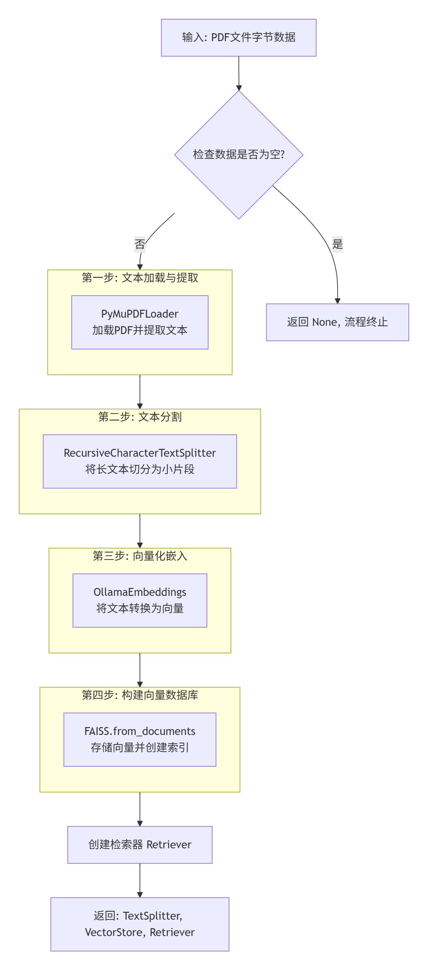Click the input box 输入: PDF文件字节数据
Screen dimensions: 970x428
tap(239, 38)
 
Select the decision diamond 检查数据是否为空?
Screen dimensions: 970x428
tap(239, 155)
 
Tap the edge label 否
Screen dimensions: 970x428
tap(139, 244)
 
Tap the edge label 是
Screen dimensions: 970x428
tap(337, 244)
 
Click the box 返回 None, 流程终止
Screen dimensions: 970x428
tap(337, 322)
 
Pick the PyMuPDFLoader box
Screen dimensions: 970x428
tap(139, 322)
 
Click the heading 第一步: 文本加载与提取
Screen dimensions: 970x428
tap(139, 278)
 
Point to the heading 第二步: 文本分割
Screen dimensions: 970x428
tap(139, 416)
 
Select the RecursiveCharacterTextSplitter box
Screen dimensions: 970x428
tap(139, 461)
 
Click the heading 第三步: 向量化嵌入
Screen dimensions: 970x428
tap(139, 555)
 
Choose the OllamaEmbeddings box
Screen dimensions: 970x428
tap(139, 600)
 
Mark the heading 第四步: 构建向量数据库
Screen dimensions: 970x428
tap(139, 695)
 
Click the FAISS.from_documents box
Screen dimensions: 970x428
tap(139, 739)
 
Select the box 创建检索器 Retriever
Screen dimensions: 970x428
tap(139, 844)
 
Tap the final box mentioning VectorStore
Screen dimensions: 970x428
tap(139, 924)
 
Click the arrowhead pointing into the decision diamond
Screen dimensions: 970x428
tap(239, 88)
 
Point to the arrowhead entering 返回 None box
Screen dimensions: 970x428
tap(337, 301)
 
